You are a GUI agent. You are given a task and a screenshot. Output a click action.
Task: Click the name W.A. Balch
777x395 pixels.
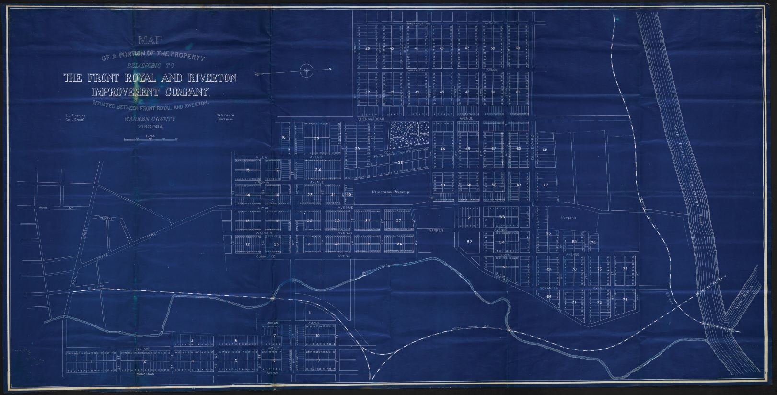(225, 116)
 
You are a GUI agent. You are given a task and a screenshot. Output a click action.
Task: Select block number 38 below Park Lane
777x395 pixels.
(400, 163)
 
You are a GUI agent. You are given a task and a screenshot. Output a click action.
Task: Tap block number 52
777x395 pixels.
(470, 242)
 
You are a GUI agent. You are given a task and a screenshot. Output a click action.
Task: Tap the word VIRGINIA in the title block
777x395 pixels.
(150, 128)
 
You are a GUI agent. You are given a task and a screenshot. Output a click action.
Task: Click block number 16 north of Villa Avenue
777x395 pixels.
(283, 137)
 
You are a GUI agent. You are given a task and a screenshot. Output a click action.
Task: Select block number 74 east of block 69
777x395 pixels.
(593, 243)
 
